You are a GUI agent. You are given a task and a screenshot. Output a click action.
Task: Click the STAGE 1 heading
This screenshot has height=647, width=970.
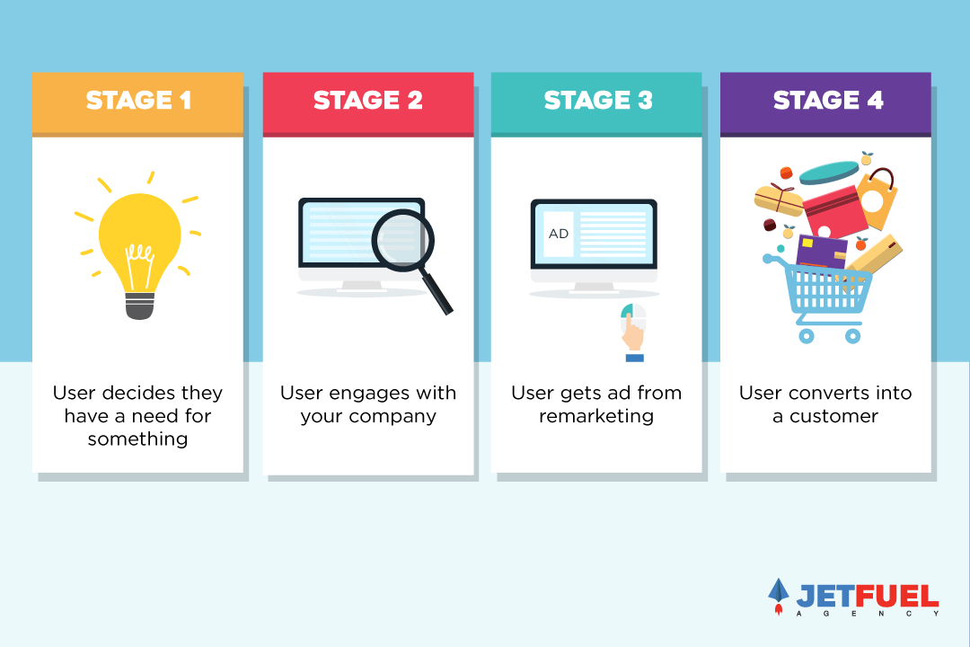(138, 101)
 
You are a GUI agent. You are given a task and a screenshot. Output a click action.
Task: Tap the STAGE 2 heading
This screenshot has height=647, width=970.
(368, 101)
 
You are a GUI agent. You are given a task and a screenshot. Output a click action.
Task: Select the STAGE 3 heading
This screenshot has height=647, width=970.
(598, 101)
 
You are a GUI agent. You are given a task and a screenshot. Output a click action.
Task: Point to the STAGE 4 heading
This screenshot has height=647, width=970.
(828, 101)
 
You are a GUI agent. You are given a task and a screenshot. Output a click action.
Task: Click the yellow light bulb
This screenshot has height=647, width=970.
(140, 242)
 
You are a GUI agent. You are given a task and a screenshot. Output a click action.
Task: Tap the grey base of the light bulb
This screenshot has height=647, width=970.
(140, 306)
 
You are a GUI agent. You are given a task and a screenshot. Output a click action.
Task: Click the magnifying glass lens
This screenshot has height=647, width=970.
(402, 240)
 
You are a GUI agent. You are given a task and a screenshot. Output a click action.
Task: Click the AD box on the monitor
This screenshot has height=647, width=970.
(558, 234)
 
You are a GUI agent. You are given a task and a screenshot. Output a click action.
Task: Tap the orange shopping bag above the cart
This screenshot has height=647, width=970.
(877, 198)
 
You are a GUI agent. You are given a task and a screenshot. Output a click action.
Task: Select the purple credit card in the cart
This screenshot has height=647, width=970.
(822, 252)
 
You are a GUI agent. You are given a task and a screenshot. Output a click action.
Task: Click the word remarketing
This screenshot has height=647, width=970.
(596, 416)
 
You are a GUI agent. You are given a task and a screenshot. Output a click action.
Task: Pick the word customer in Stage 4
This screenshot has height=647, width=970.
(833, 416)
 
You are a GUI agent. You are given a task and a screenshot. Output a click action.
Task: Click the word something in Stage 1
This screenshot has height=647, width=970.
(138, 439)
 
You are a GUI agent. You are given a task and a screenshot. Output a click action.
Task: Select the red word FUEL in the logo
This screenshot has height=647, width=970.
(897, 597)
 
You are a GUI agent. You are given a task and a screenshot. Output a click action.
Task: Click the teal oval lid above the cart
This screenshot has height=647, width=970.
(829, 173)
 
